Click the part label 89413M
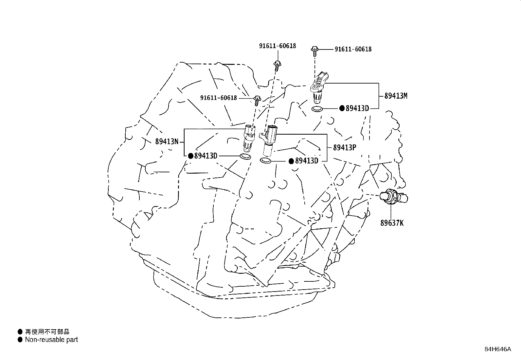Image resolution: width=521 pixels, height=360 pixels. [396, 96]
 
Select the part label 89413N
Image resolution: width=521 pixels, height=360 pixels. [167, 141]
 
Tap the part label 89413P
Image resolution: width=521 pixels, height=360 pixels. [345, 147]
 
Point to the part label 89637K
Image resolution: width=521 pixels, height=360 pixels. [392, 223]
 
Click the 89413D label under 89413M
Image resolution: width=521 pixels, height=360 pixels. [357, 108]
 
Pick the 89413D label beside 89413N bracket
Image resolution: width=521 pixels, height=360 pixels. [206, 156]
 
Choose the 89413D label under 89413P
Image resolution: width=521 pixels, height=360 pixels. [307, 161]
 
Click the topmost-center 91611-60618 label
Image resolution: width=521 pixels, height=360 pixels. [278, 46]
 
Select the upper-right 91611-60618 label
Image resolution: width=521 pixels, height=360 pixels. [353, 49]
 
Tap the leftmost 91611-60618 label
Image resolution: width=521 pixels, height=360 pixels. [218, 98]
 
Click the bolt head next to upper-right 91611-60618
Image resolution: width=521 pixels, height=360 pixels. [315, 49]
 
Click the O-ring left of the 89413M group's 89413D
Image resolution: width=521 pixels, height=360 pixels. [317, 109]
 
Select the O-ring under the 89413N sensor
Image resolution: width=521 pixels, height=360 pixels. [245, 157]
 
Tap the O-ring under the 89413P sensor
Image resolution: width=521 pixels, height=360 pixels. [265, 161]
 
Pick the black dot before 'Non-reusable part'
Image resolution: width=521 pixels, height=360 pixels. [20, 340]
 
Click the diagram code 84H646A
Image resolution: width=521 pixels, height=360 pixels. [498, 349]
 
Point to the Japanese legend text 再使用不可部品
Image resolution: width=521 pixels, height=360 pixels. [47, 332]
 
